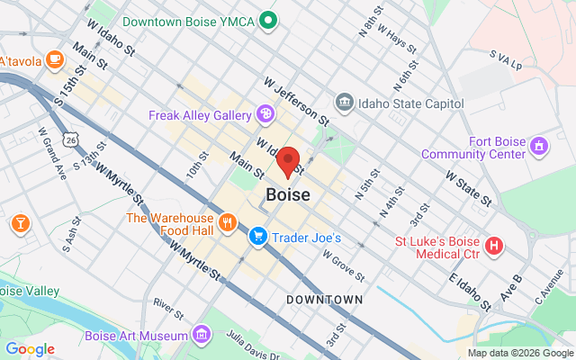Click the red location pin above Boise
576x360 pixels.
tap(288, 162)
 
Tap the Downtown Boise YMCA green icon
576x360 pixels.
tap(267, 19)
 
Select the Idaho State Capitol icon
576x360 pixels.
tap(343, 103)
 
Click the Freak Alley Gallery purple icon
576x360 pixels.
tap(265, 114)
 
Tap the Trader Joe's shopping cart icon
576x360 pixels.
tap(258, 237)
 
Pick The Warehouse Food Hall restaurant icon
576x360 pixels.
tap(227, 221)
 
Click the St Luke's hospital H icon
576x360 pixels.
tap(494, 245)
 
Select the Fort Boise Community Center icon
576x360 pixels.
tap(538, 144)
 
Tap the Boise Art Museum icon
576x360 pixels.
tap(202, 336)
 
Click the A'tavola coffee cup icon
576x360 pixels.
tap(54, 59)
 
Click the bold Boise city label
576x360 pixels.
tap(288, 194)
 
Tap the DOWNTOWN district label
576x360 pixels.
tap(325, 299)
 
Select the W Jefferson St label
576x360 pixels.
tap(296, 100)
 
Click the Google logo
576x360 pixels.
tap(30, 348)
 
